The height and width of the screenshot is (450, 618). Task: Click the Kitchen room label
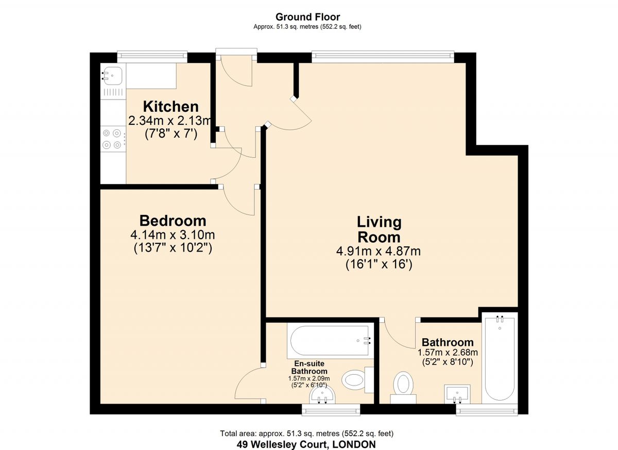coord(170,107)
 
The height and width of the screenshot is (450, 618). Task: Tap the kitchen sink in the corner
coord(112,76)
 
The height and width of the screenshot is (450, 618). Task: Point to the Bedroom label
coord(173,221)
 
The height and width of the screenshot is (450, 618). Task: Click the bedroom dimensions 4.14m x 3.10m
coord(173,235)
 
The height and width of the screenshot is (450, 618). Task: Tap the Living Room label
coord(379,229)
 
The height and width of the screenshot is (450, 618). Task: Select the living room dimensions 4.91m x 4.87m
coord(379,252)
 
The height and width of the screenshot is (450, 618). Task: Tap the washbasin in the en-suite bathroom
coord(323,396)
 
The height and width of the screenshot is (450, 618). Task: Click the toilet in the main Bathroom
coord(403,386)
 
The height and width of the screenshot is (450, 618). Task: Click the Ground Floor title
coord(307,17)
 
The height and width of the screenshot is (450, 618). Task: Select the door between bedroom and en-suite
coord(248,384)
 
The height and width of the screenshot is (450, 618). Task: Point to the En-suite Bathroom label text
coord(309,367)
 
